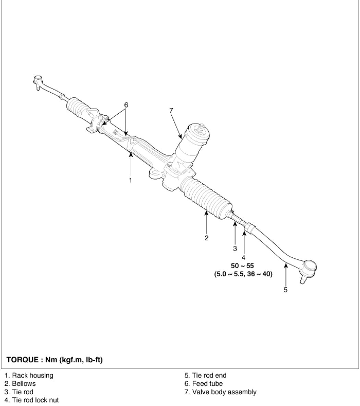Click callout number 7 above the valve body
coord(171,110)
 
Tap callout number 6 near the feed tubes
coord(126,105)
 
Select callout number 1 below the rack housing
coord(130,180)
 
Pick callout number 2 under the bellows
coord(206,238)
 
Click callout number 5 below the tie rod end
coord(285,290)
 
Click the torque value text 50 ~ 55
coord(242,266)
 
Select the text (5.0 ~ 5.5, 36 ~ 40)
coord(242,274)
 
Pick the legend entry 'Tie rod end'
coord(205,375)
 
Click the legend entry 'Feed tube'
coord(204,384)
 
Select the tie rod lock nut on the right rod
coord(249,227)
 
